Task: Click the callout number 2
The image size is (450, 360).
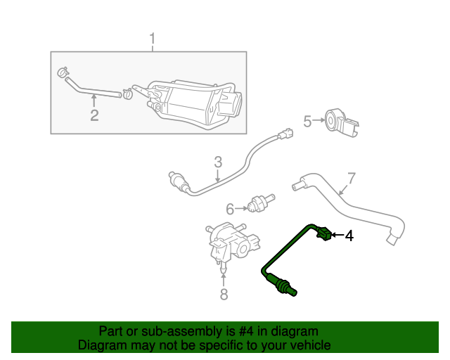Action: pyautogui.click(x=94, y=115)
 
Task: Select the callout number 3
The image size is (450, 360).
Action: pyautogui.click(x=218, y=162)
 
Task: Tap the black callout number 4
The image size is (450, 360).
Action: pyautogui.click(x=349, y=236)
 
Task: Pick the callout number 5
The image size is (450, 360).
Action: pyautogui.click(x=307, y=122)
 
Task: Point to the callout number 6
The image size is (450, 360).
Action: pyautogui.click(x=230, y=209)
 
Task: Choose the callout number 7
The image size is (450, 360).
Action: pyautogui.click(x=351, y=178)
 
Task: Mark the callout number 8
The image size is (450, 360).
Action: pyautogui.click(x=224, y=294)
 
